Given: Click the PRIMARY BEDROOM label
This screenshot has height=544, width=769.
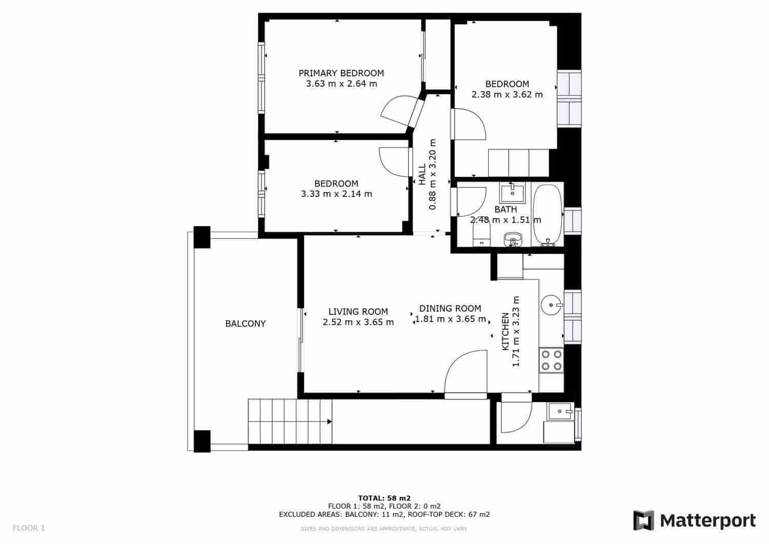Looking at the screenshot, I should point(341,73).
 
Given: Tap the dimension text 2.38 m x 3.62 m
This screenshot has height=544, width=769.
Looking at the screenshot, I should point(507,94).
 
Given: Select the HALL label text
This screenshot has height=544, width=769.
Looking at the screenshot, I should point(422,175).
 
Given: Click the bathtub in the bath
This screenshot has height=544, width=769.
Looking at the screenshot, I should point(548,215).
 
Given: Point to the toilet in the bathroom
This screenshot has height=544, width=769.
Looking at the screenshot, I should point(481,237).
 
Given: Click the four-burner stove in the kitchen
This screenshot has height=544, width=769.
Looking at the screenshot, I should point(551,360).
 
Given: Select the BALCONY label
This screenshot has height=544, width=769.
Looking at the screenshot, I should point(246,324).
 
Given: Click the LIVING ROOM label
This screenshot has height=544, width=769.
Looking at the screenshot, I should point(358,311).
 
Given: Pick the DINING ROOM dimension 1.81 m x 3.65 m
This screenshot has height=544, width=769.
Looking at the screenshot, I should point(450,319).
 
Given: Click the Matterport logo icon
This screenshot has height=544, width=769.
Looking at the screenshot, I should point(643,520).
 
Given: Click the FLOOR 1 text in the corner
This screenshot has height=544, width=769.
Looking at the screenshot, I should point(29,528).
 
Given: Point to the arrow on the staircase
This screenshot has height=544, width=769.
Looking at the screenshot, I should point(329,421).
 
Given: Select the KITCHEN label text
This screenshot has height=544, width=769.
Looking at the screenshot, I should point(505,331).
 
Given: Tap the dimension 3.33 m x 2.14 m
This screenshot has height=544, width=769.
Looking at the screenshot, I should point(336,194).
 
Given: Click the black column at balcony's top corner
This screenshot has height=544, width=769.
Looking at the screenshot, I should point(201,237).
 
